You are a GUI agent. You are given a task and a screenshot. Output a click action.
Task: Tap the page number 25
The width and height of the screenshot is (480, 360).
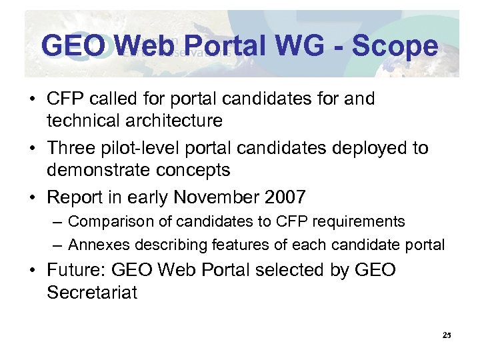(447, 335)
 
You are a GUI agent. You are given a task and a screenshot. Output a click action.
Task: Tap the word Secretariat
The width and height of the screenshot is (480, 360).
(92, 293)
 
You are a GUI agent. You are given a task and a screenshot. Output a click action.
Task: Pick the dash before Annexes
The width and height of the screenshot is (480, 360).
(58, 245)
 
